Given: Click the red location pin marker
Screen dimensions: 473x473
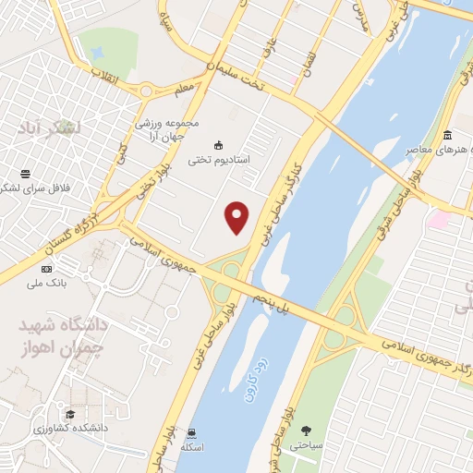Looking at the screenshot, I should point(238,218).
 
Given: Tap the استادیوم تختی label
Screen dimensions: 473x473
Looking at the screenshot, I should point(220,160).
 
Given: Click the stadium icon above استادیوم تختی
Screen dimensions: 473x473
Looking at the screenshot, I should point(219,145).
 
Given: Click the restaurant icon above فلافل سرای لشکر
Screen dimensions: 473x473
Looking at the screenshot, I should point(25,175).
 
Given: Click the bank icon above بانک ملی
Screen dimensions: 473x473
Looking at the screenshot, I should point(46,268).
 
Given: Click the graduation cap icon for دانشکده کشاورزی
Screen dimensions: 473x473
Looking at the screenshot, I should point(70,414).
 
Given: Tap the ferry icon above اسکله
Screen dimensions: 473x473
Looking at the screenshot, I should point(191,432).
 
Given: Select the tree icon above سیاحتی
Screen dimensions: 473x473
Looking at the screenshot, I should point(306,430).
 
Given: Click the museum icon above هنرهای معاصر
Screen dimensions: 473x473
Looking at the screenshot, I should point(447,136).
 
